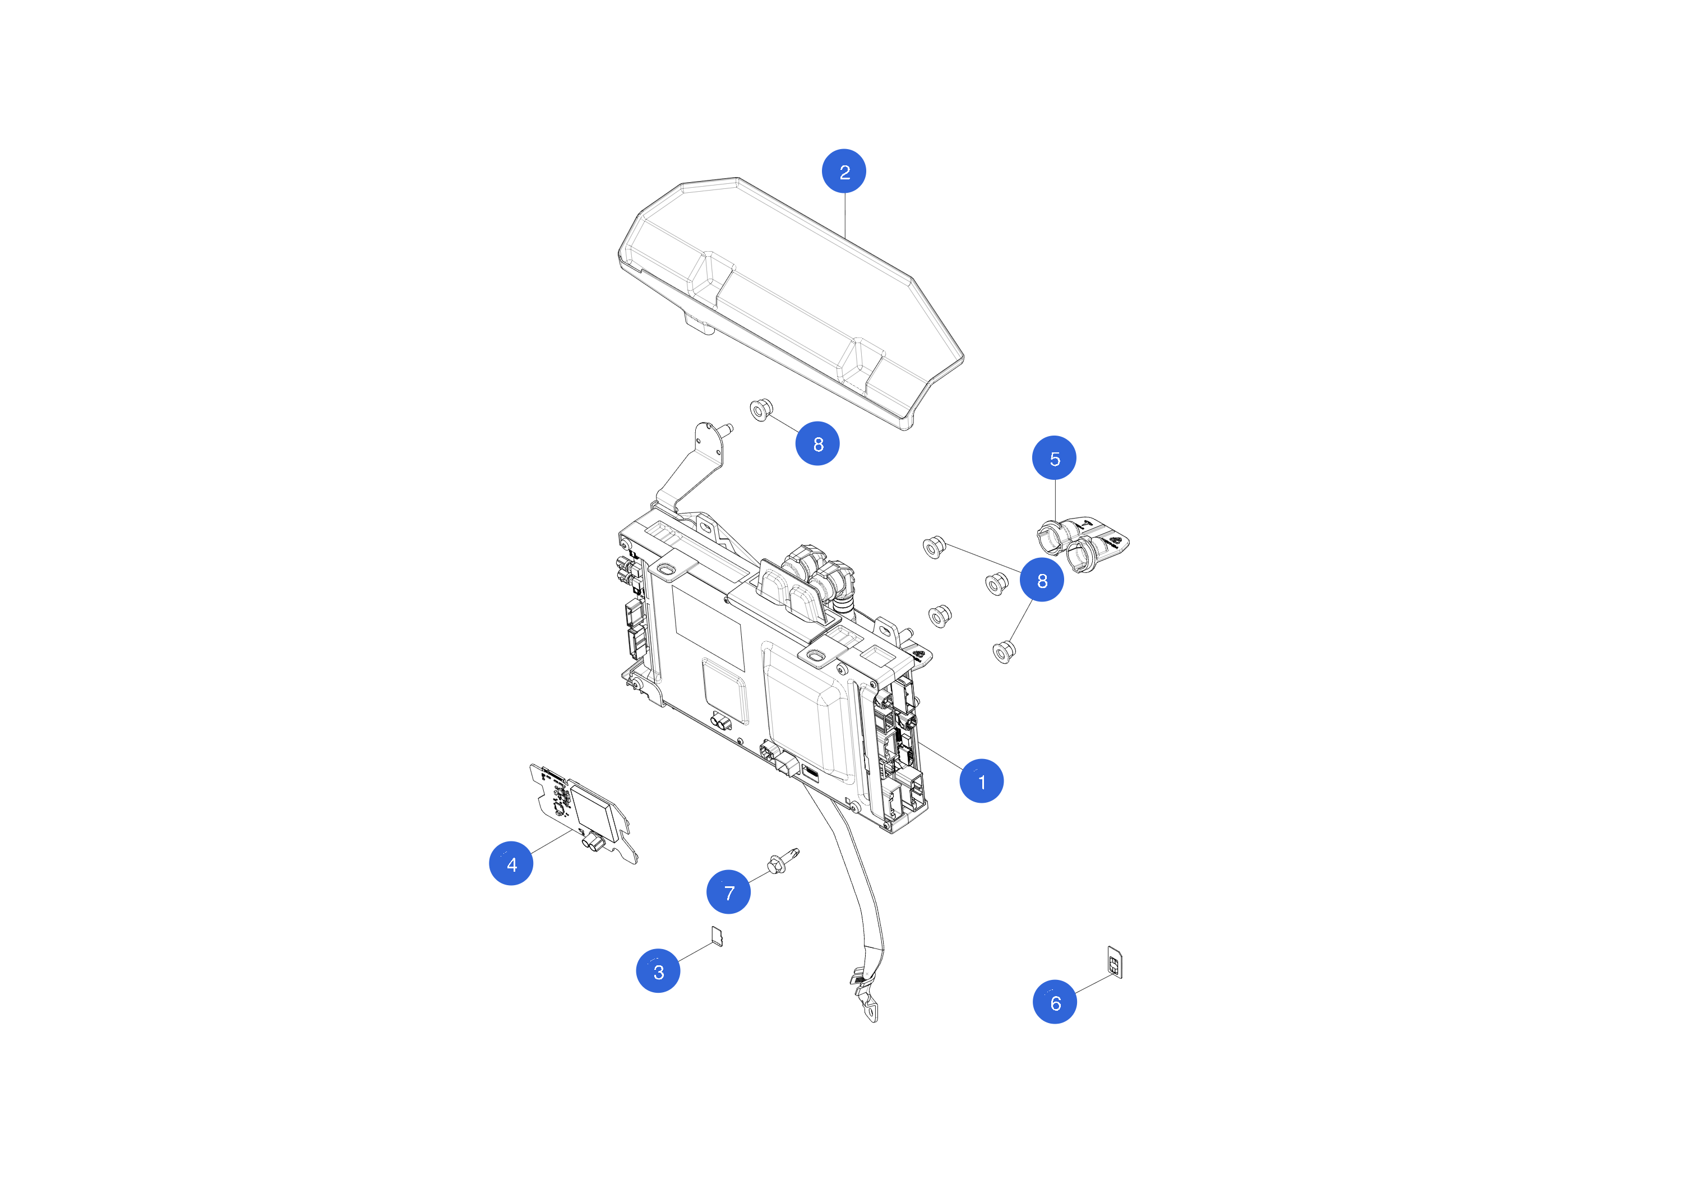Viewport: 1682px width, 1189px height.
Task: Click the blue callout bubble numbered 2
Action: pyautogui.click(x=844, y=172)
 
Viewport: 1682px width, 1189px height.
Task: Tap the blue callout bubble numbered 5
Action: pyautogui.click(x=1054, y=458)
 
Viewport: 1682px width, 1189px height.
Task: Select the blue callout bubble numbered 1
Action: pyautogui.click(x=981, y=781)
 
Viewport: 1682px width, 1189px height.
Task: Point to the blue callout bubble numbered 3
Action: pyautogui.click(x=658, y=971)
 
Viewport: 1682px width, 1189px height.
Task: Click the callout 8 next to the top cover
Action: pyautogui.click(x=817, y=443)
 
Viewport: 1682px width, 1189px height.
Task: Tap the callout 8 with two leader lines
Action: pyautogui.click(x=1042, y=580)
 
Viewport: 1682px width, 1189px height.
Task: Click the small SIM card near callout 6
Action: pyautogui.click(x=1114, y=962)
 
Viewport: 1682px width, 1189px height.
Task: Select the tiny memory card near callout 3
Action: pyautogui.click(x=717, y=936)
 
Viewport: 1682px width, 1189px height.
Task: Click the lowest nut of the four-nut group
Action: pyautogui.click(x=1004, y=651)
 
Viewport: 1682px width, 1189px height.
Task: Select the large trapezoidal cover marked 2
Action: pyautogui.click(x=791, y=293)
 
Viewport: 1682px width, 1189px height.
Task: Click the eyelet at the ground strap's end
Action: pyautogui.click(x=872, y=1015)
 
